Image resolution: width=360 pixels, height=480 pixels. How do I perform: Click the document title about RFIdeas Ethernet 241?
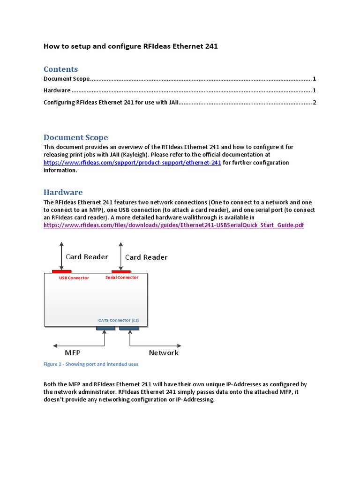[131, 46]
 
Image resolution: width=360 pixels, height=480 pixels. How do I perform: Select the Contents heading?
[60, 69]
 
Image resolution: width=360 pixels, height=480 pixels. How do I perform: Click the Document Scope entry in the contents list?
[67, 79]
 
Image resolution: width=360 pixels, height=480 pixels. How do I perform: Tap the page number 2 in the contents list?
[314, 102]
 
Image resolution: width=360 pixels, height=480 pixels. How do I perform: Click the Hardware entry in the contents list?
[57, 90]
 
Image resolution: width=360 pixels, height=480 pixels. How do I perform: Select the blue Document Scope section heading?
[75, 137]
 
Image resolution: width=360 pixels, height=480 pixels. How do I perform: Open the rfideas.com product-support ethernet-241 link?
[132, 163]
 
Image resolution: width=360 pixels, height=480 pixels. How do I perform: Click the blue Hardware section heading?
[63, 192]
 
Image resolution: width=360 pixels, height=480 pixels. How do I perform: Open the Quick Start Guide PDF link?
[173, 225]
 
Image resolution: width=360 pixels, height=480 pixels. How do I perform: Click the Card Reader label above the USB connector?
[87, 256]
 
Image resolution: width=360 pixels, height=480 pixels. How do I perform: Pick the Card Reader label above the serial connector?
[146, 257]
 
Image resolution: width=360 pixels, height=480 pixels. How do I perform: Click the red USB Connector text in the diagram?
[74, 278]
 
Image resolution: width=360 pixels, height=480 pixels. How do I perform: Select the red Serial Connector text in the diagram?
[122, 277]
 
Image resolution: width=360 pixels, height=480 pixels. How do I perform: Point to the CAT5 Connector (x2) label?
[118, 321]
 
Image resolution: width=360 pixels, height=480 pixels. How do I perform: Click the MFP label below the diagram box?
[75, 352]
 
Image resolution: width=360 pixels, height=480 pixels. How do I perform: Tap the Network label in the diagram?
[164, 352]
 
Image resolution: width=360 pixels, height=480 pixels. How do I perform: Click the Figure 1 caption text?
[91, 364]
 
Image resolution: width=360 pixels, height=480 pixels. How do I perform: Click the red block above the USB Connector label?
[62, 271]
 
